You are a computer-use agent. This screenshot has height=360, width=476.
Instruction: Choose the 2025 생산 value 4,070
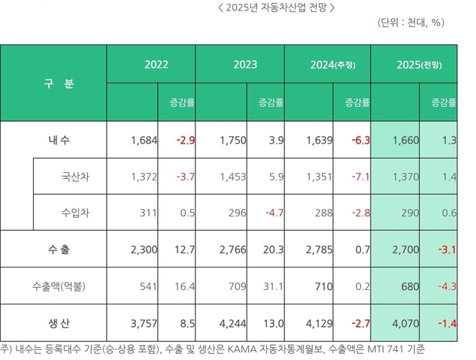point(406,324)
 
